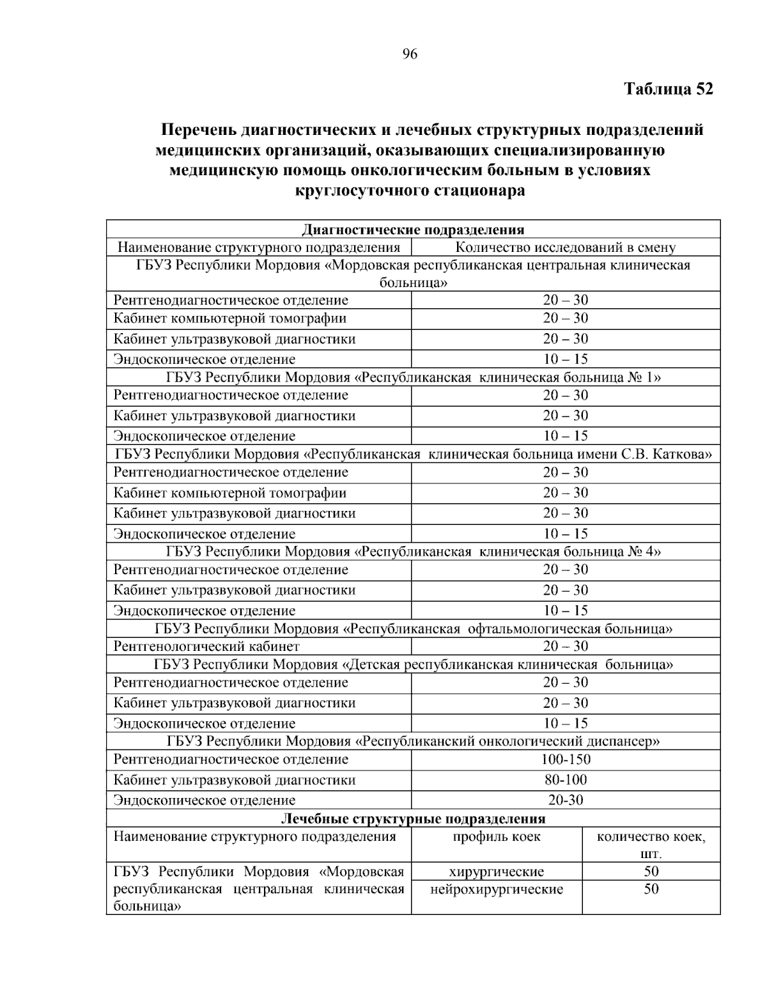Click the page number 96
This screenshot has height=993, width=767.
[410, 54]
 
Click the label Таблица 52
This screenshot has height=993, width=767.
[668, 89]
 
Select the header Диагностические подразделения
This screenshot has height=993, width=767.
[413, 230]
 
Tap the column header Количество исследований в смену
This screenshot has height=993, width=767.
[565, 247]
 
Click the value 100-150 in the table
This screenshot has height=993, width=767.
[566, 759]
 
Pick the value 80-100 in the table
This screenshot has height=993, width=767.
[566, 779]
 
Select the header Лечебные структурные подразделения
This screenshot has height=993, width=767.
[413, 818]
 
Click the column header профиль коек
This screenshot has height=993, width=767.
[496, 836]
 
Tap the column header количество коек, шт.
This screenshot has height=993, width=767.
[651, 845]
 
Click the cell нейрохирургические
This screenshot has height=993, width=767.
[496, 889]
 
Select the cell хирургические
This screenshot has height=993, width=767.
[496, 872]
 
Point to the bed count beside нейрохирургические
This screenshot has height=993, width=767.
[651, 889]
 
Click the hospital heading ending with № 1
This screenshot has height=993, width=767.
[413, 377]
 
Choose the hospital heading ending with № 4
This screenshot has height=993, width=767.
[413, 551]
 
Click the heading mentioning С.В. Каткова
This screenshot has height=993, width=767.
[413, 455]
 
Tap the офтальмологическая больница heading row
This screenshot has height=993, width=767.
[413, 629]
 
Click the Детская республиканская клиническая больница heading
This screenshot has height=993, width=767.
[413, 664]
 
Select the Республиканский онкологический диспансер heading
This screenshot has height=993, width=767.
[413, 741]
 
